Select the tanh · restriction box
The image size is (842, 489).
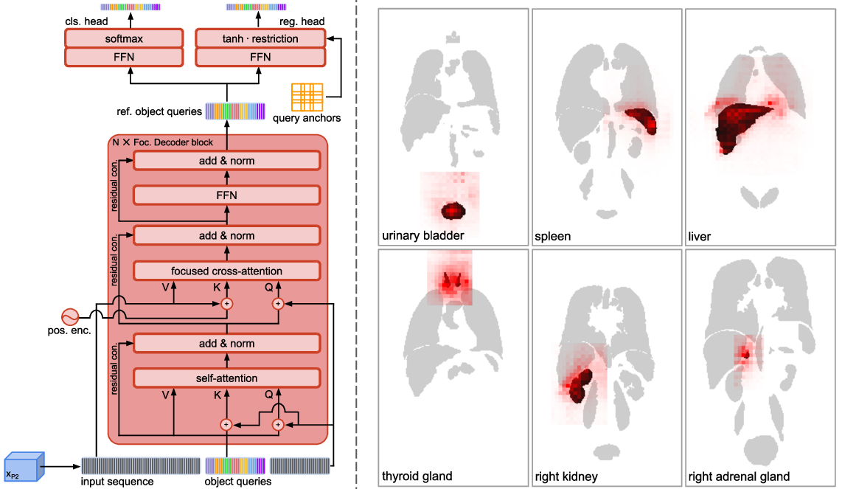click(260, 38)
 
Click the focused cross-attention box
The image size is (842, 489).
click(227, 271)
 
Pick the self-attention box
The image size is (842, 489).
click(227, 378)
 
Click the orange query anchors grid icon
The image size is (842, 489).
click(307, 97)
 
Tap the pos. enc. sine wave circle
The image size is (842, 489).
click(71, 317)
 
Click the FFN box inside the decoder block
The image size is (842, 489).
click(227, 195)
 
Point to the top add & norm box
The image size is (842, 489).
click(227, 161)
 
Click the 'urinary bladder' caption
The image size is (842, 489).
click(423, 236)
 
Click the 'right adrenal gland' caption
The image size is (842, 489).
click(739, 476)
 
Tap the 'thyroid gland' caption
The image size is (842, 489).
click(417, 476)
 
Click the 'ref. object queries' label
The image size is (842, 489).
click(159, 111)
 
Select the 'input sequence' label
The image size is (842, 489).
click(118, 482)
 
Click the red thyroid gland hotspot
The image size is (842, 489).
click(450, 281)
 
